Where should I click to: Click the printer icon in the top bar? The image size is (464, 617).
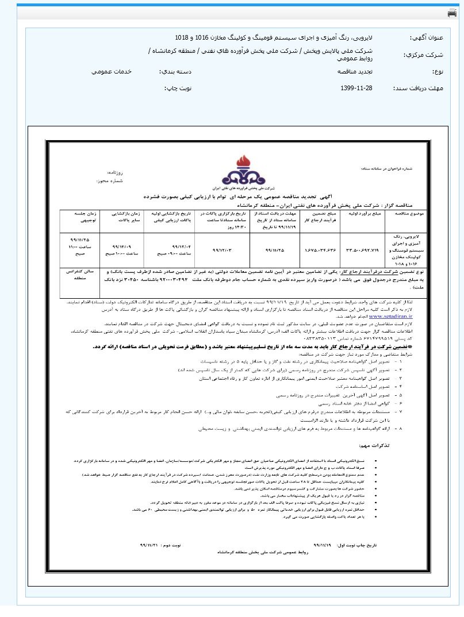click(x=452, y=13)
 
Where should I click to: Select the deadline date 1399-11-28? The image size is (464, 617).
click(x=356, y=88)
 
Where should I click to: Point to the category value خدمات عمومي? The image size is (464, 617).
click(x=112, y=72)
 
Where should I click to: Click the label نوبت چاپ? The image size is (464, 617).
click(x=178, y=88)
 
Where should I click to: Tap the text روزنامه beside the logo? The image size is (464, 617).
click(x=116, y=172)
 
